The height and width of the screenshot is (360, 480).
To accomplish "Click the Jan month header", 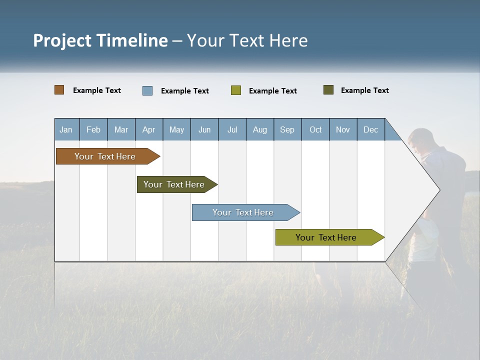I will [66, 129].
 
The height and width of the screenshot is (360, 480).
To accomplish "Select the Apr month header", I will [149, 129].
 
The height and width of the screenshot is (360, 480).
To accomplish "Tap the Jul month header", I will [232, 129].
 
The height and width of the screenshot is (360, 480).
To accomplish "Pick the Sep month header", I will [287, 129].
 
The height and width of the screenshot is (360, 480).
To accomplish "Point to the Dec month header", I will [370, 129].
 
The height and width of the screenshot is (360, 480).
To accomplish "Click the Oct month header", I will [315, 129].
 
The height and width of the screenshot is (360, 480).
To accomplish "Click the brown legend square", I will [59, 90].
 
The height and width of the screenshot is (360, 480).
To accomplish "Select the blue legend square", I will [147, 90].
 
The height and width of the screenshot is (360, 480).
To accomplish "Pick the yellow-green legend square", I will [236, 90].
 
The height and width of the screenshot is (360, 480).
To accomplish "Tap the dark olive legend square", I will [328, 90].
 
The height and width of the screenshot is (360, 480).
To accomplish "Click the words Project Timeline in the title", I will [100, 40].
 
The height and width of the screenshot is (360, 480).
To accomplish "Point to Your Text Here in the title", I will [247, 40].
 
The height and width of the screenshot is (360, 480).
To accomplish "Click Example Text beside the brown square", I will [97, 90].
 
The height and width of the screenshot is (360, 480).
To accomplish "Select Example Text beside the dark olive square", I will [365, 90].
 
